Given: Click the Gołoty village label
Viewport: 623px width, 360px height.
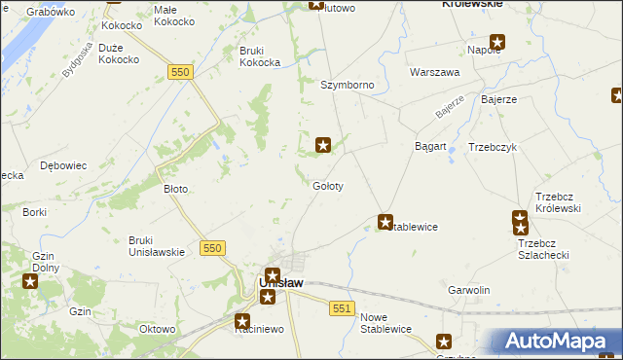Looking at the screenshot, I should tap(327, 186).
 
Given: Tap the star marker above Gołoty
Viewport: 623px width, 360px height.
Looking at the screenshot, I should tap(323, 146).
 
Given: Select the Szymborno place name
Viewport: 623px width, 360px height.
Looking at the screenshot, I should tap(348, 86).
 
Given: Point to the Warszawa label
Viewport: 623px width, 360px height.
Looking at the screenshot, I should tap(434, 73).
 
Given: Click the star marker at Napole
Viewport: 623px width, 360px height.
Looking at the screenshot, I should tap(497, 42).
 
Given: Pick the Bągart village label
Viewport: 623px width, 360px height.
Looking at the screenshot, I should tap(430, 147).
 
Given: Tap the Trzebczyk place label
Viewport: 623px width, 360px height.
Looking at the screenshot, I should tap(492, 147).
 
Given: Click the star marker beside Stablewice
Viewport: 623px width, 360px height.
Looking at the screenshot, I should tap(385, 223).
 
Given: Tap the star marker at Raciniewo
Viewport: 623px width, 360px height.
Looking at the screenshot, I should tap(243, 318).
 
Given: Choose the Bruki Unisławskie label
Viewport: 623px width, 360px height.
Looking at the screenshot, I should tap(157, 246).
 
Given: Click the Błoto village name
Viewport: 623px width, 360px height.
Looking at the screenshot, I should tap(175, 189).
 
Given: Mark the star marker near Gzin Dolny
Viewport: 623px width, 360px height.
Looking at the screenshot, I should tap(30, 282).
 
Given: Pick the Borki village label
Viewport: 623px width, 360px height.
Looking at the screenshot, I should tap(34, 212).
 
